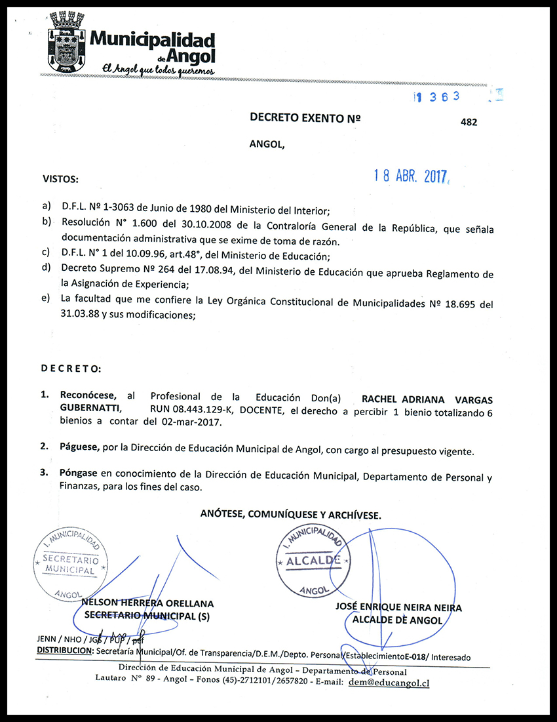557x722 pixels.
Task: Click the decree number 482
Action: (x=469, y=122)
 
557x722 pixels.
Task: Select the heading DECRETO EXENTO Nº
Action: (x=305, y=118)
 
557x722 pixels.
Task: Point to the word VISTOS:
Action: (x=60, y=178)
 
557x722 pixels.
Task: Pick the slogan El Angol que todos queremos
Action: (x=155, y=69)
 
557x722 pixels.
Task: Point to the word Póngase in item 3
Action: (x=79, y=472)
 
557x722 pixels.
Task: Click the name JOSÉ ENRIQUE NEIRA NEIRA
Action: (x=398, y=608)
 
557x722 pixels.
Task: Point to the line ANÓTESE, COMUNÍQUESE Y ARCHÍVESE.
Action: (x=290, y=515)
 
